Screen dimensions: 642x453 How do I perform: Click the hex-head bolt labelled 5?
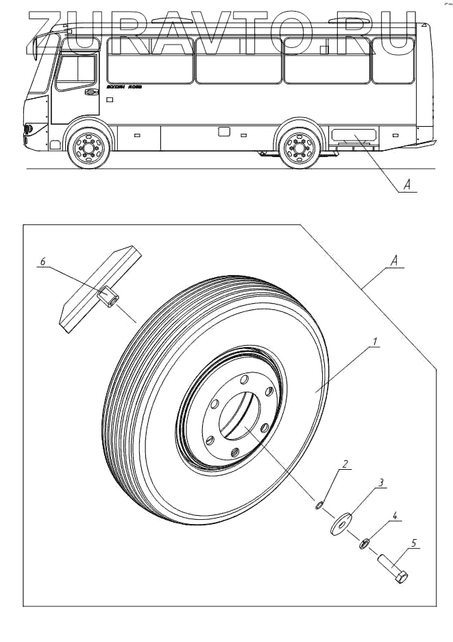click(x=393, y=569)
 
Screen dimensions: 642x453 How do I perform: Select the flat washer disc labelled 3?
click(x=340, y=521)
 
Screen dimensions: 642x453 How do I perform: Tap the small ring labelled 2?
click(x=319, y=506)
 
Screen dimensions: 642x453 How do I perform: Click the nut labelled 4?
click(x=365, y=544)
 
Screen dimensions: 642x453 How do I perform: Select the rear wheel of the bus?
click(x=298, y=146)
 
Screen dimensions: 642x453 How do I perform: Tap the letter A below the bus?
click(x=406, y=185)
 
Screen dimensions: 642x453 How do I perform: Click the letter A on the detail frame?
click(x=393, y=261)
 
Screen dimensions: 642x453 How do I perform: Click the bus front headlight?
click(x=28, y=129)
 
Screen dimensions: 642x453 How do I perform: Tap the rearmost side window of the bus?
click(x=393, y=60)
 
